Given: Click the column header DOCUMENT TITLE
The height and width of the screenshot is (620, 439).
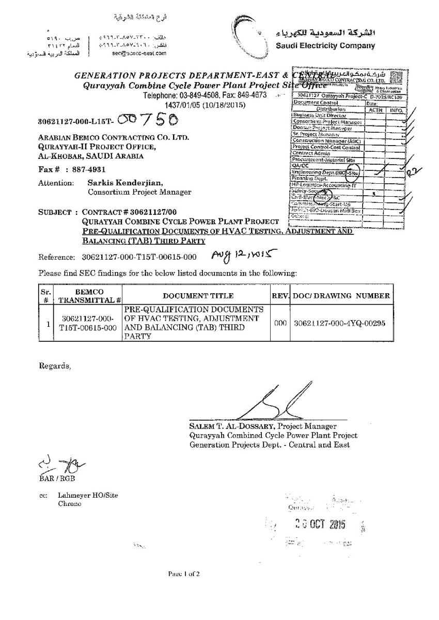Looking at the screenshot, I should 198,296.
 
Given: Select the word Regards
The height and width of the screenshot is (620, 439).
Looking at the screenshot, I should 54,366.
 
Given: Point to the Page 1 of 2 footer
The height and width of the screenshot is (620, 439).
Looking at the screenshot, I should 183,574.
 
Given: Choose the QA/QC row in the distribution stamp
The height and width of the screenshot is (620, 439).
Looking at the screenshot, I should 300,166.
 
